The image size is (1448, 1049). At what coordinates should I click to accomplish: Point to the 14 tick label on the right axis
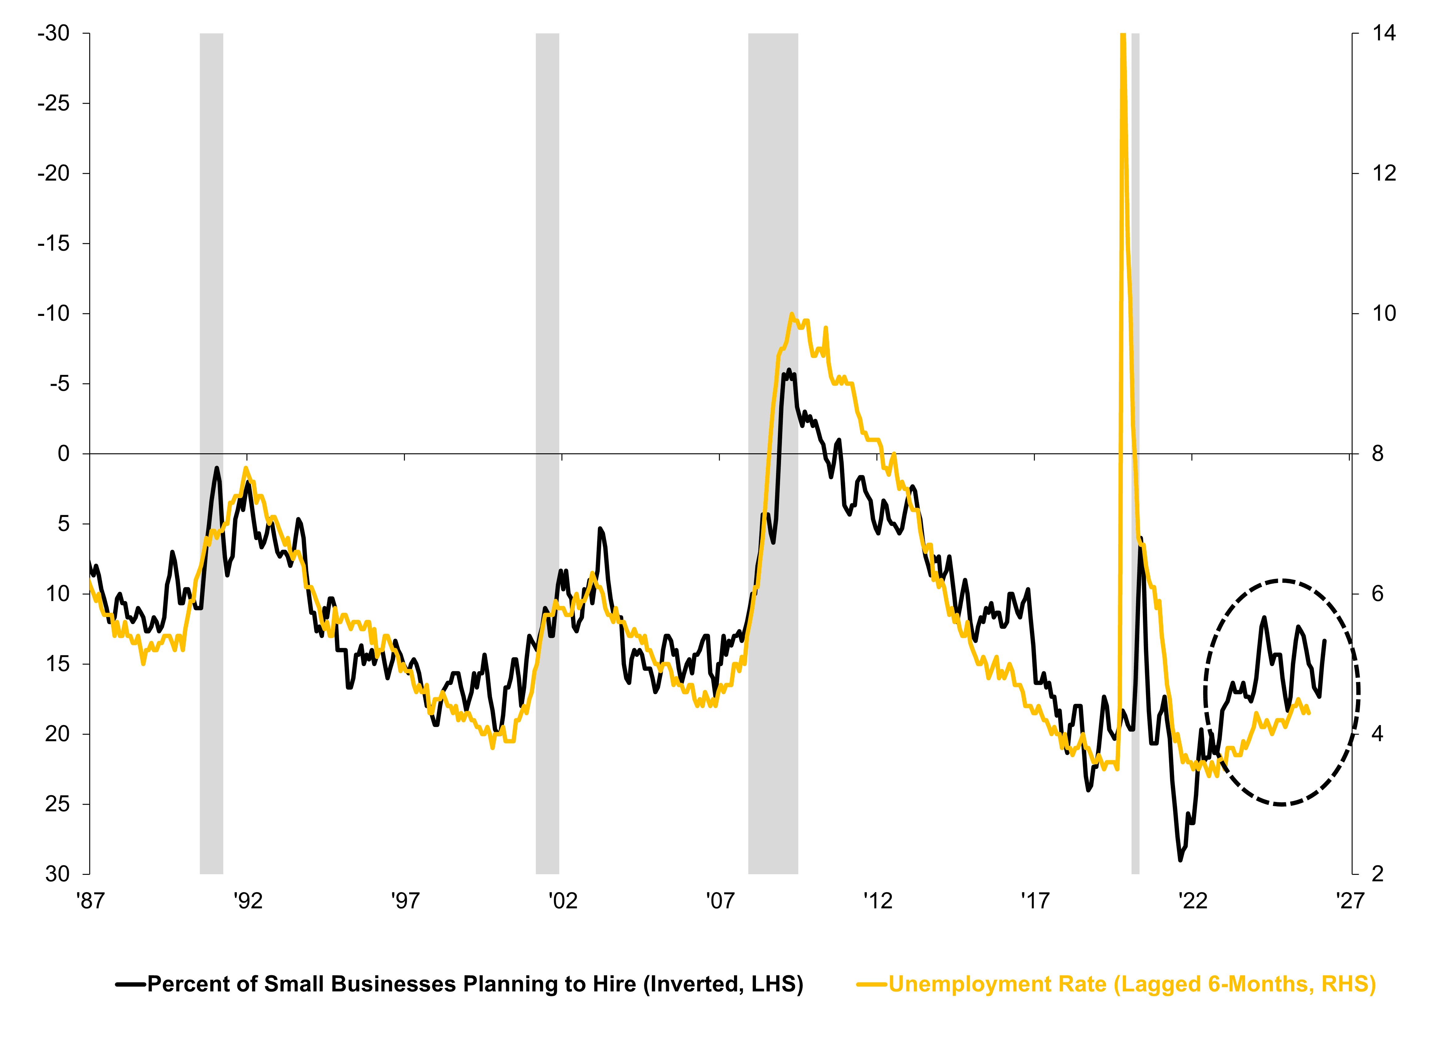pyautogui.click(x=1384, y=33)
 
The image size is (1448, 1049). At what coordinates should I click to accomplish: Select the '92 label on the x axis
pyautogui.click(x=247, y=901)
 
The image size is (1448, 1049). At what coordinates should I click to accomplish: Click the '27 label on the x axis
pyautogui.click(x=1350, y=901)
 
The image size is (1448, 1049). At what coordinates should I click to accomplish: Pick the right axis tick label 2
pyautogui.click(x=1378, y=874)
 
